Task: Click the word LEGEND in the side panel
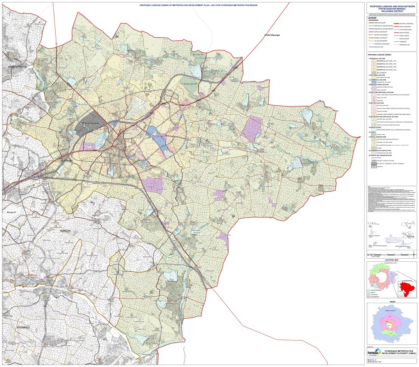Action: pyautogui.click(x=372, y=18)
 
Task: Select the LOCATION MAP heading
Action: pyautogui.click(x=392, y=260)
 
